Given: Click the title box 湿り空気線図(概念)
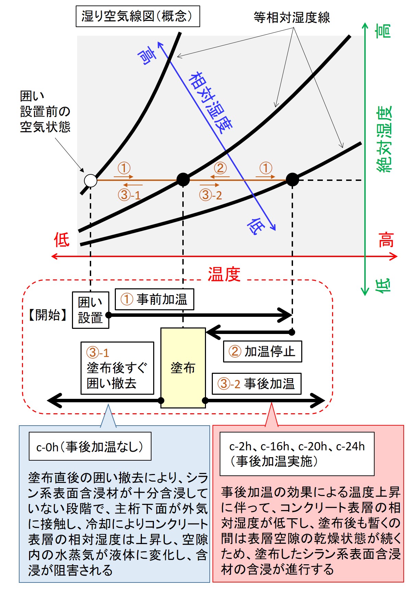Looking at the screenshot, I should click(137, 16).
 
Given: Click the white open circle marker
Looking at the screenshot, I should click(90, 180).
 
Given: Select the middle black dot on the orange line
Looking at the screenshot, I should click(183, 179).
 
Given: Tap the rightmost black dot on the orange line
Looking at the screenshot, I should click(292, 179).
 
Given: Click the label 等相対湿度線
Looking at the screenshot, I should click(292, 17).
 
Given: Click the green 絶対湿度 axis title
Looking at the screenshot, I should click(384, 139).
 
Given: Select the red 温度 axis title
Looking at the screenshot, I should click(224, 274).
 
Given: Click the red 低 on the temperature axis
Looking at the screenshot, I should click(62, 240).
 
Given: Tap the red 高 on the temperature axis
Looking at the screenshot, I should click(386, 240).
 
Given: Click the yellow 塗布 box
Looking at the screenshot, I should click(183, 368).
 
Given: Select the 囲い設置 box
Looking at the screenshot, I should click(90, 310).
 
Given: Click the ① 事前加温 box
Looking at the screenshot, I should click(154, 299).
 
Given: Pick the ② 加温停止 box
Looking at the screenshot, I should click(263, 351).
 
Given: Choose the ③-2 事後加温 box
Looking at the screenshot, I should click(256, 383).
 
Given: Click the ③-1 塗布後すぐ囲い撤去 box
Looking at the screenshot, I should click(117, 368).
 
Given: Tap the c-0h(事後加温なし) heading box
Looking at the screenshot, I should click(90, 446).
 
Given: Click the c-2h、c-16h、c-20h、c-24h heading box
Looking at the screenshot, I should click(297, 453).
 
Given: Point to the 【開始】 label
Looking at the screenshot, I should click(48, 315).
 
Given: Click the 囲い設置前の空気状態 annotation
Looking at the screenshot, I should click(45, 112).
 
